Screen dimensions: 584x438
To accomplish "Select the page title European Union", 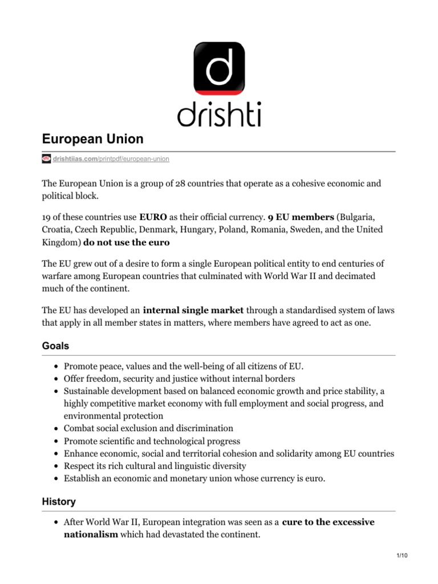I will coord(92,139).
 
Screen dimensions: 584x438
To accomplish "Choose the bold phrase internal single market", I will coord(193,310).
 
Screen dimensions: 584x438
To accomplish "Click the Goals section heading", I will coord(56,346).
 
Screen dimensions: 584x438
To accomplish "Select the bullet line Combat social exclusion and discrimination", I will coord(148,428).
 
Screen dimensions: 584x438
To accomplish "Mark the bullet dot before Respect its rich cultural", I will coord(55,466).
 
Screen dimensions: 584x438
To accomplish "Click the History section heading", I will coord(59,502).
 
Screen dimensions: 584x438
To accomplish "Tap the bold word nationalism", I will coord(91,534).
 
